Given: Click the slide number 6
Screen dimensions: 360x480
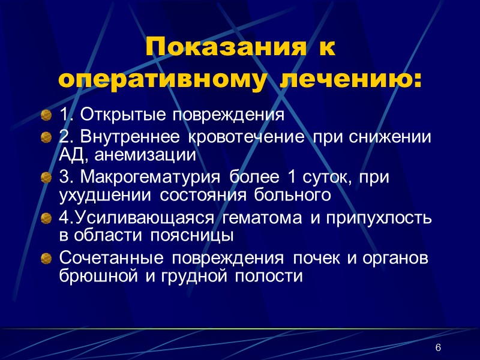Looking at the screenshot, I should pyautogui.click(x=438, y=349).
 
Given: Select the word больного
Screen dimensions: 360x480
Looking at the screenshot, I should pyautogui.click(x=298, y=195).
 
